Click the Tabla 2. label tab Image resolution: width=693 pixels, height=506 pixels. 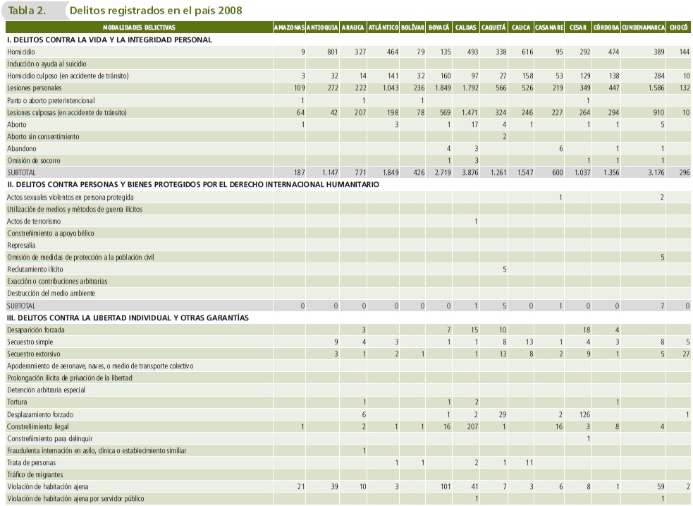pos(27,11)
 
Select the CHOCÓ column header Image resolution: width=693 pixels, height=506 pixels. pos(679,28)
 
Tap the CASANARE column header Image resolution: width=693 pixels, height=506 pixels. pos(548,28)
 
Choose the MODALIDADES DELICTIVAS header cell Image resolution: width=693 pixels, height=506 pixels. pos(138,28)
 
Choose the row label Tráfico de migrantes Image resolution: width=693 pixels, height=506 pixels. pos(35,474)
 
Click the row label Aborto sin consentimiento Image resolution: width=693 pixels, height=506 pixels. pos(43,136)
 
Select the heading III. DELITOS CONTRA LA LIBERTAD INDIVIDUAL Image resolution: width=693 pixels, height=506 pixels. pos(128,318)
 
